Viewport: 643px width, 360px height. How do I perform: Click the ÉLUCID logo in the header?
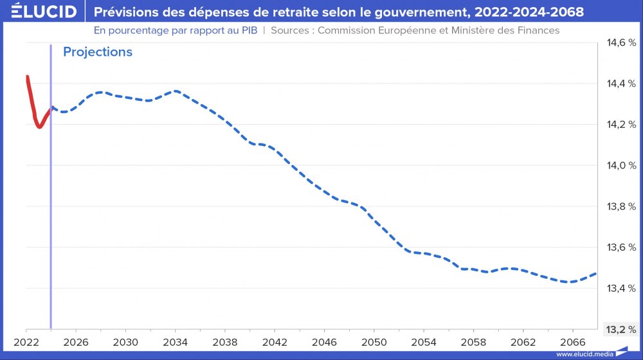click(x=40, y=12)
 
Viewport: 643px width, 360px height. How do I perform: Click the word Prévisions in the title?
click(x=123, y=12)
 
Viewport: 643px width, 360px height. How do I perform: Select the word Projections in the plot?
click(x=98, y=52)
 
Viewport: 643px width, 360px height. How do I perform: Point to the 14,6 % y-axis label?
click(x=621, y=42)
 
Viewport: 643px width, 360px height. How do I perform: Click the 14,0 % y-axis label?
click(x=621, y=165)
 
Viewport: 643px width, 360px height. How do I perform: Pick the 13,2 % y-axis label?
click(x=621, y=329)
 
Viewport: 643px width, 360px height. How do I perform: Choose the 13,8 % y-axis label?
click(x=621, y=206)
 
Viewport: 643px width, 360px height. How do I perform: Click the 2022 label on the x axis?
click(x=27, y=342)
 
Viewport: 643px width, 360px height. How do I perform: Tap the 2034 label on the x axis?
click(x=176, y=342)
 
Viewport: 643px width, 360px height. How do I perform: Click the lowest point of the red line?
click(x=39, y=127)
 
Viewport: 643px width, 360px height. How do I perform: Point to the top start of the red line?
click(x=27, y=76)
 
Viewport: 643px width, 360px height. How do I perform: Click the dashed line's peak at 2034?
click(x=176, y=91)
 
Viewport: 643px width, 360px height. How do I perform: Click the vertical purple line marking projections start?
click(x=51, y=193)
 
